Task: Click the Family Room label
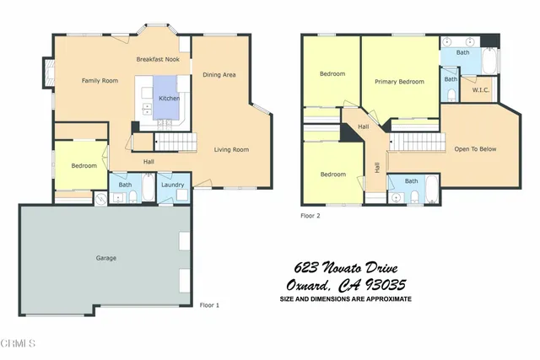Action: point(97,80)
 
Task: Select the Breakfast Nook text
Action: point(158,60)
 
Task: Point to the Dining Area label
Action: point(219,75)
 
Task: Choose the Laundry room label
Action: point(173,184)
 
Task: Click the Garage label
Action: point(105,257)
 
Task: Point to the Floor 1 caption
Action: point(208,304)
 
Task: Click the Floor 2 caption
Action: point(310,216)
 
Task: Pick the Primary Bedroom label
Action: point(399,82)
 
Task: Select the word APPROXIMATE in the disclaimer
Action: point(384,299)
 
